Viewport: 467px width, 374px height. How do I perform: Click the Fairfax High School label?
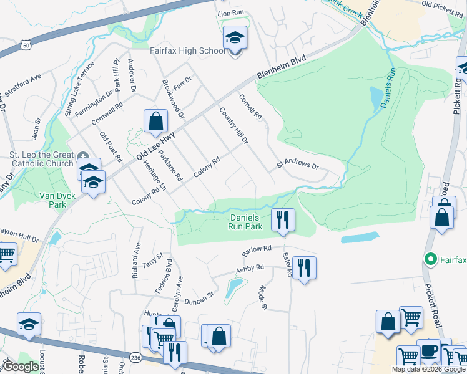click(x=187, y=50)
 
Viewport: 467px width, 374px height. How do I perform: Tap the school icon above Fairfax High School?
click(x=235, y=39)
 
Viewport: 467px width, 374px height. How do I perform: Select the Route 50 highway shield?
click(x=25, y=45)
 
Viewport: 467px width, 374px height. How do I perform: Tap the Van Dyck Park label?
click(x=52, y=199)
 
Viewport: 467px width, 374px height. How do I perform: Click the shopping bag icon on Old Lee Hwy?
click(x=155, y=121)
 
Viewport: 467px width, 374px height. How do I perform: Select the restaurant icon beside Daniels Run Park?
click(x=283, y=219)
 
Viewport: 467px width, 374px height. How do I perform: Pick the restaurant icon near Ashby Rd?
click(x=304, y=267)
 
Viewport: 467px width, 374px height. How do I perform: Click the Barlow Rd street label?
click(x=257, y=251)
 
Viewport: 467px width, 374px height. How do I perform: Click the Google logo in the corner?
click(x=21, y=366)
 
